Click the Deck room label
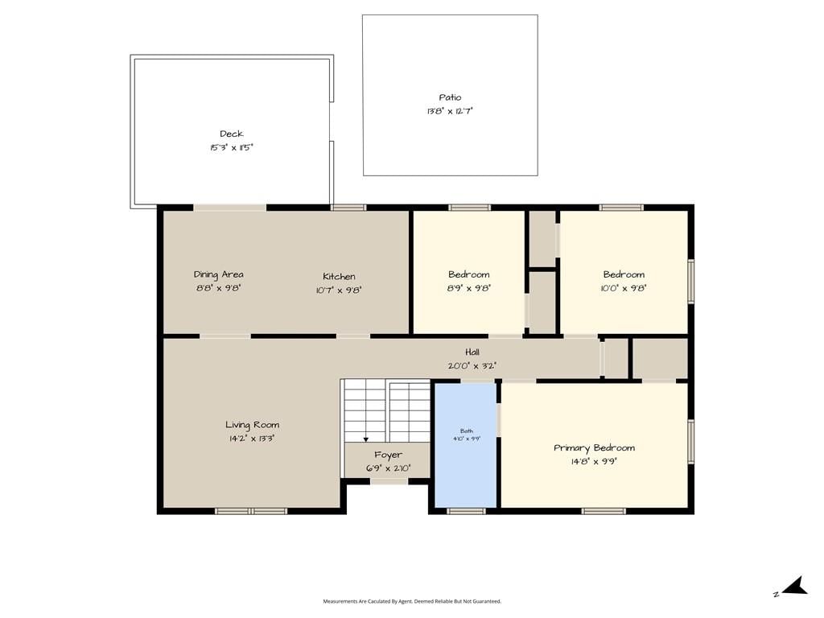click(x=231, y=134)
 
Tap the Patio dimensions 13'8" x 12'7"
click(x=450, y=111)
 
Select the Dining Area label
click(x=219, y=275)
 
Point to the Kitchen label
click(x=339, y=277)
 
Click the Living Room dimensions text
click(x=252, y=439)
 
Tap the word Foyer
click(x=389, y=455)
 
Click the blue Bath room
click(x=466, y=445)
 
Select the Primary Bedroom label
click(x=595, y=448)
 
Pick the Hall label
click(x=472, y=352)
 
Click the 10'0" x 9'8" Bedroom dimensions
click(x=624, y=288)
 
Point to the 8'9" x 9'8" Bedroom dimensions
click(x=469, y=288)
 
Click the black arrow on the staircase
click(x=366, y=439)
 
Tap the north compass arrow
click(x=795, y=586)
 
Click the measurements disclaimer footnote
click(x=412, y=601)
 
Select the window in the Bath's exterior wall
click(x=466, y=511)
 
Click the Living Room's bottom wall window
click(x=251, y=511)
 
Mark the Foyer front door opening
click(x=389, y=481)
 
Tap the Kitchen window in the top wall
click(x=348, y=208)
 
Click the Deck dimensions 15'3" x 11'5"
click(x=231, y=148)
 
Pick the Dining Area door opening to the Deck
click(x=230, y=208)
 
